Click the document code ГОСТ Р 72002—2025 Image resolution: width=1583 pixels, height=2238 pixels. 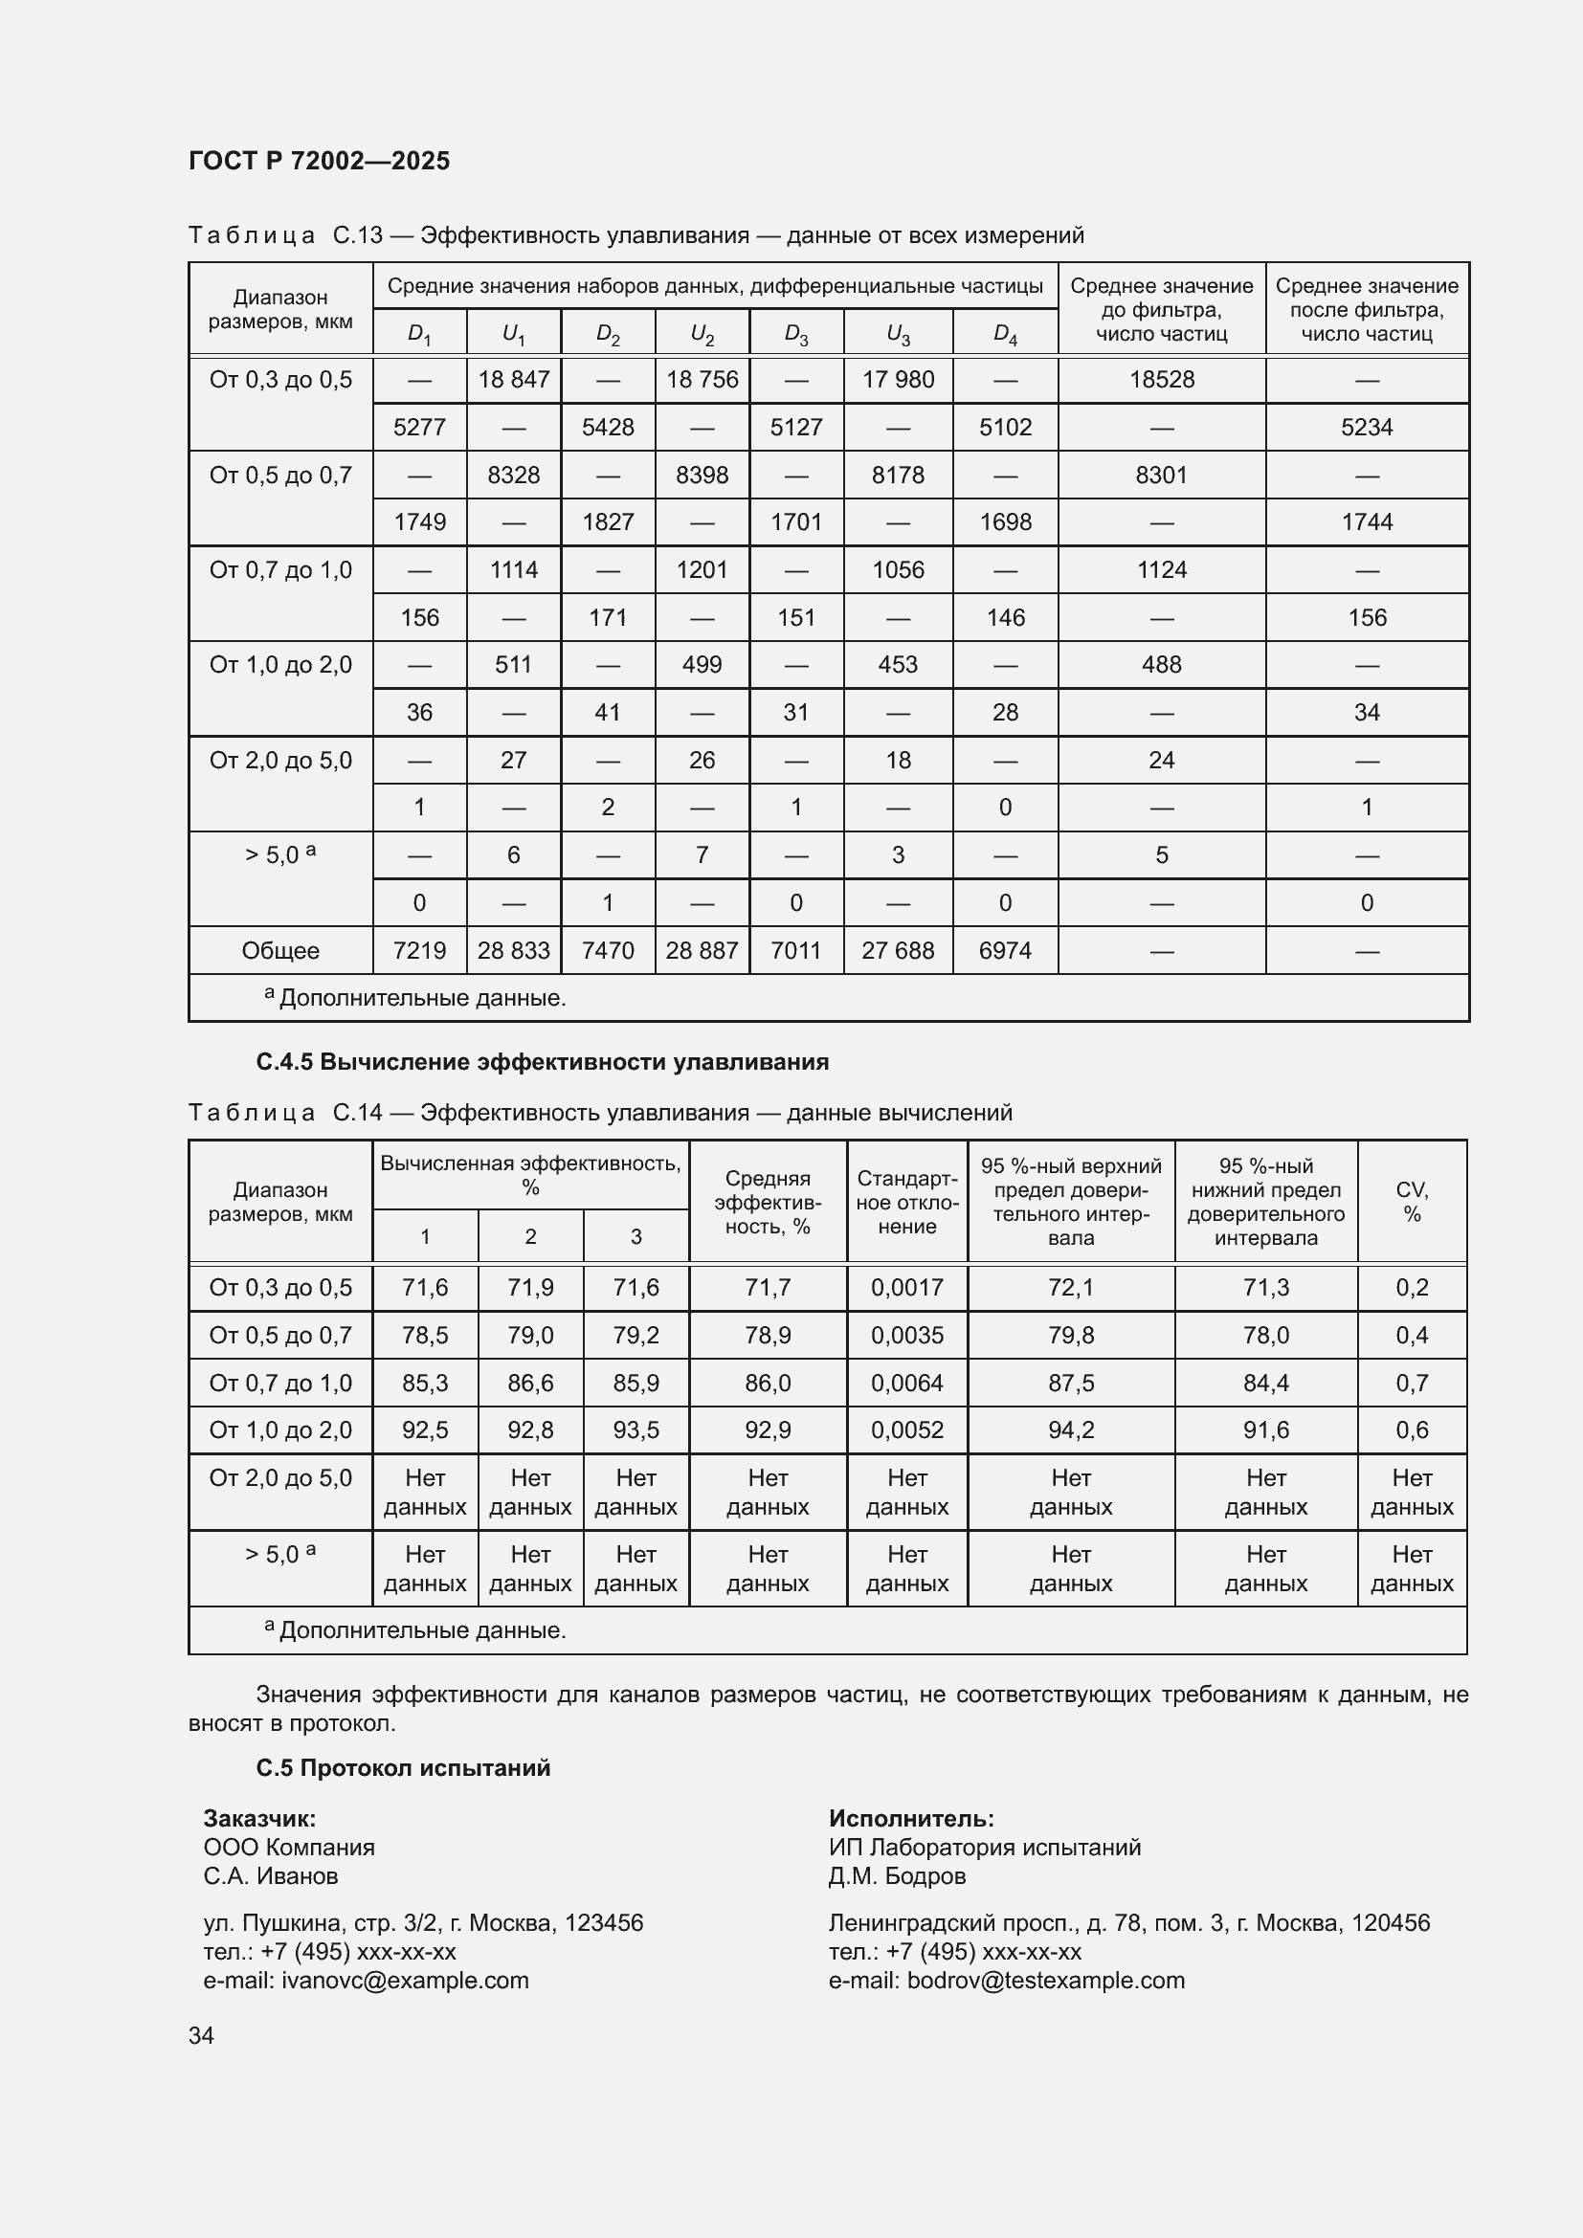(x=319, y=161)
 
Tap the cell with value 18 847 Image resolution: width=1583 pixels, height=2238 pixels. (x=514, y=379)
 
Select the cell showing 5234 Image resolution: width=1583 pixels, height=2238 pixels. (x=1366, y=427)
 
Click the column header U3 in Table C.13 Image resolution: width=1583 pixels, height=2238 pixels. (x=897, y=334)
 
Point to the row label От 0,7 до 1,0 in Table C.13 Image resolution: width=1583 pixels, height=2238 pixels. (x=280, y=570)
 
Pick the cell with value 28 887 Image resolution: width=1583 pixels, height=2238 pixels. (x=701, y=950)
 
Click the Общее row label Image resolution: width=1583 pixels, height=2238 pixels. (x=280, y=950)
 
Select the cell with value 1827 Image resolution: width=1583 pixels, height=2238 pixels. (x=608, y=522)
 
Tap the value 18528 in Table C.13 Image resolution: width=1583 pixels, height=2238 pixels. (x=1161, y=379)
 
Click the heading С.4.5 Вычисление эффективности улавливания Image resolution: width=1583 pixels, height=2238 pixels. (x=542, y=1061)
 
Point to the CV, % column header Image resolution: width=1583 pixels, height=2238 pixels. (x=1411, y=1201)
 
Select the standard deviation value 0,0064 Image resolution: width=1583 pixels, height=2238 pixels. (x=906, y=1383)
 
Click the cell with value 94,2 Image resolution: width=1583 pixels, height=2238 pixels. (x=1070, y=1429)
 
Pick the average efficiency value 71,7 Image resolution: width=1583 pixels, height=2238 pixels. (x=768, y=1288)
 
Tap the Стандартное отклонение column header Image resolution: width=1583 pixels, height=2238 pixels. (x=906, y=1201)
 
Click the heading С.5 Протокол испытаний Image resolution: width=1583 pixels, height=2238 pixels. (x=403, y=1767)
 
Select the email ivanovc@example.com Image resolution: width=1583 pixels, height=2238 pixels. (x=405, y=1980)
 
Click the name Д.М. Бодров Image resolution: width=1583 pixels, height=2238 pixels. (x=897, y=1875)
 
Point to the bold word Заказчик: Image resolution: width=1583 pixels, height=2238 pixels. (x=259, y=1818)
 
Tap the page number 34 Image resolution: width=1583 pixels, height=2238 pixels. (x=201, y=2035)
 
